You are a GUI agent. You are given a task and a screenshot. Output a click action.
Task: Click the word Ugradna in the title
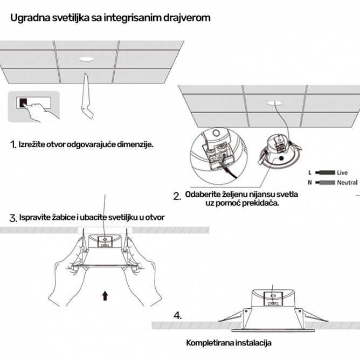point(28,17)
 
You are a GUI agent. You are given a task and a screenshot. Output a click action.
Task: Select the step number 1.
point(13,145)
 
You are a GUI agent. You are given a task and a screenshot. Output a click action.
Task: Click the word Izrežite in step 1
point(33,144)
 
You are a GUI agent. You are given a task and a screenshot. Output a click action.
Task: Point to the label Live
point(342,173)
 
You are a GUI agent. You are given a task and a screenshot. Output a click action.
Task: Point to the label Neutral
point(347,183)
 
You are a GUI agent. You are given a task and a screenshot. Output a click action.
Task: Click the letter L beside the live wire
point(309,173)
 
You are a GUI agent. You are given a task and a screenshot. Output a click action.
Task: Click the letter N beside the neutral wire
point(309,183)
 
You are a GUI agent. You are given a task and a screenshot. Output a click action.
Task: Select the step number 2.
point(177,197)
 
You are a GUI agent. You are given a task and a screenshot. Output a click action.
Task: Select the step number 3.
point(13,218)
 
